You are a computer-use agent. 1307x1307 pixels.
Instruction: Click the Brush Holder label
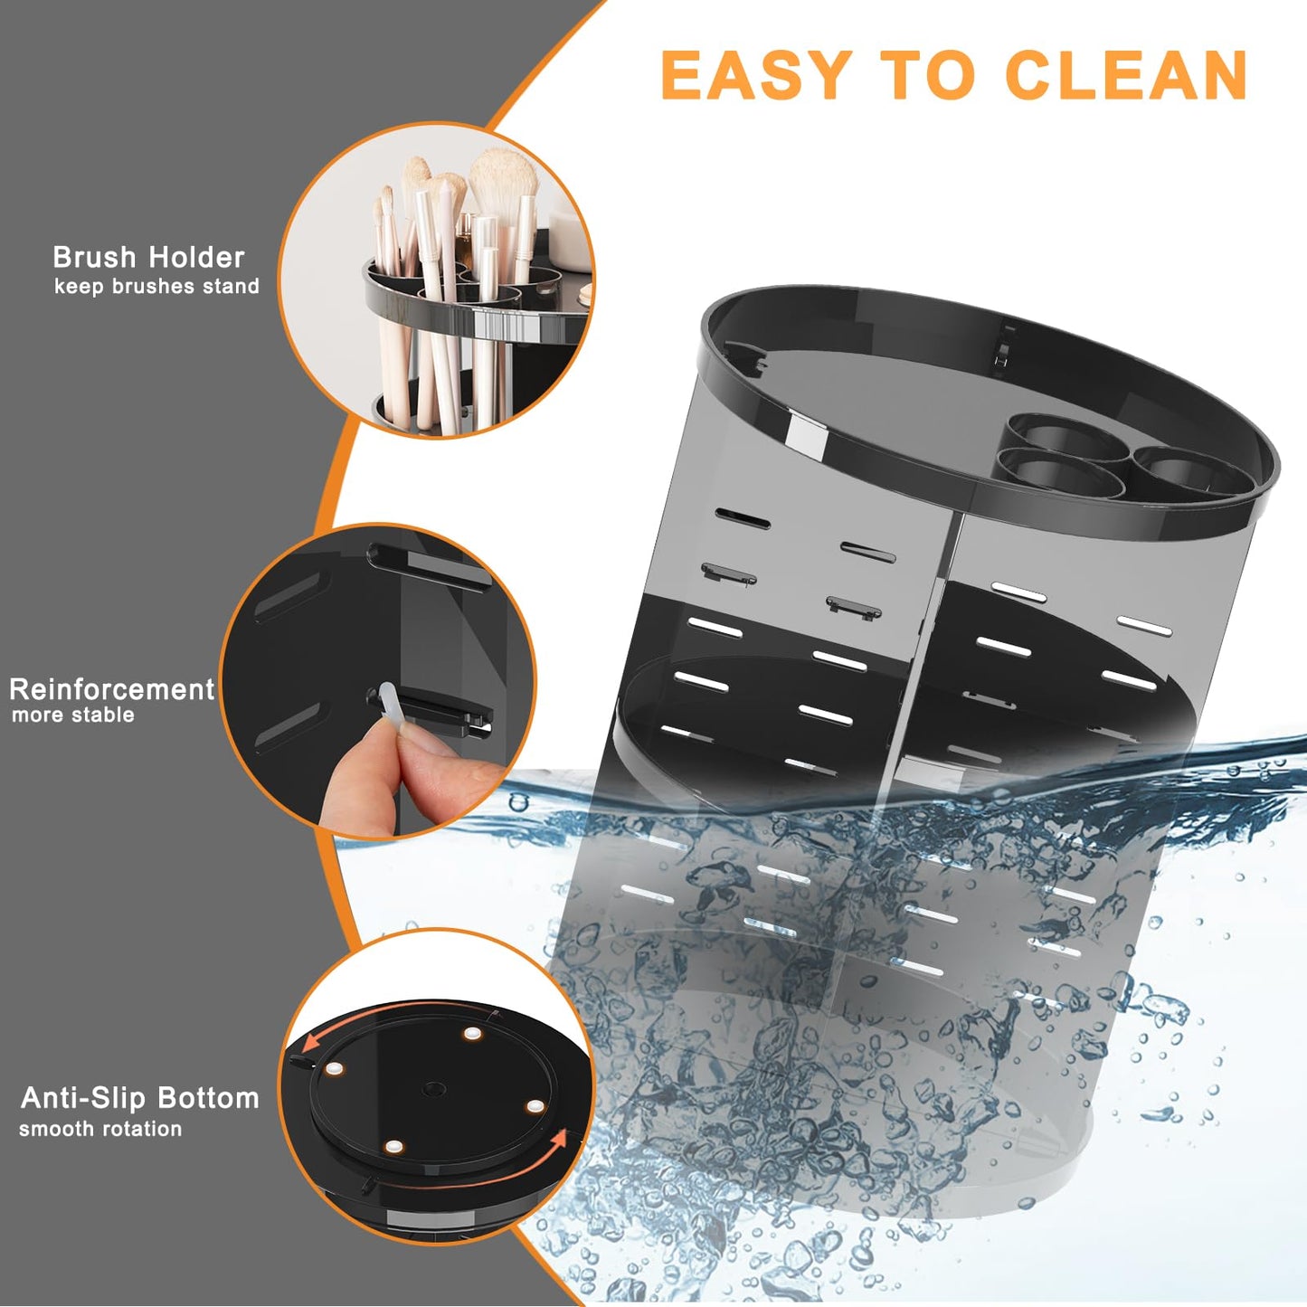[148, 258]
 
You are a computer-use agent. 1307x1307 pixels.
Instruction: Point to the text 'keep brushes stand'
[156, 287]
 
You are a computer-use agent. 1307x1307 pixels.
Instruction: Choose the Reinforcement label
[111, 689]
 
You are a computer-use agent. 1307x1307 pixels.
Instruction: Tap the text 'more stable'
[73, 715]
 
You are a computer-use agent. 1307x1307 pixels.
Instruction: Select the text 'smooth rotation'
[100, 1129]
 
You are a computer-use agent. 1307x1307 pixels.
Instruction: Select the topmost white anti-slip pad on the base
[471, 1034]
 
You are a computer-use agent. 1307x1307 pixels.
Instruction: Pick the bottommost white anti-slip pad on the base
[393, 1147]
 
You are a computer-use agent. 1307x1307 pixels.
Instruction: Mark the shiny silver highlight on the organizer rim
[807, 433]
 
